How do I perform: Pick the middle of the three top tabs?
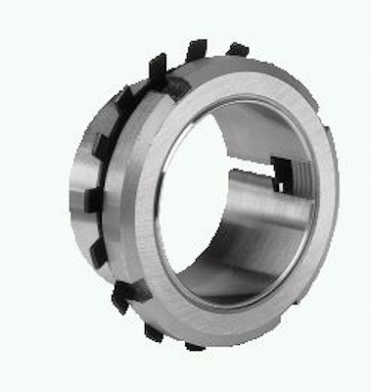[x=198, y=49]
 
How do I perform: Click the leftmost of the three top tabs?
[x=158, y=67]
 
